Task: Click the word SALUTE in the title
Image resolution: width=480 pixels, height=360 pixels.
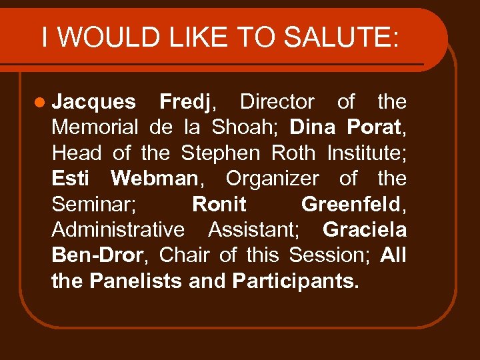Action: pos(341,37)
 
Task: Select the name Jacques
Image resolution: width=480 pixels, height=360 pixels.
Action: pos(93,102)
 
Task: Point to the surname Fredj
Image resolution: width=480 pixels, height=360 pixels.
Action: pos(185,102)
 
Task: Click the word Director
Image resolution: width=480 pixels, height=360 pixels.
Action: pos(277,102)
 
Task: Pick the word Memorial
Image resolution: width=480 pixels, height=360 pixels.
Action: pos(95,127)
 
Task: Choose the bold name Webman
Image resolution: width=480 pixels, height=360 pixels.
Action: pos(154,179)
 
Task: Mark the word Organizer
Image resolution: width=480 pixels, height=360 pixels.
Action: pos(272,179)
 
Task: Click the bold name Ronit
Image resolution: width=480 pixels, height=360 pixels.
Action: pos(219,204)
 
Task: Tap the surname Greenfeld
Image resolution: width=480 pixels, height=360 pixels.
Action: pos(351,204)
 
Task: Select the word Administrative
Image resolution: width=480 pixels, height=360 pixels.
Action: pos(118,229)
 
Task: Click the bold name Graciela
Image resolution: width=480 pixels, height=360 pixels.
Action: pos(364,229)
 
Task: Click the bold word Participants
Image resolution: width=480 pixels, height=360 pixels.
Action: pos(295,281)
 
